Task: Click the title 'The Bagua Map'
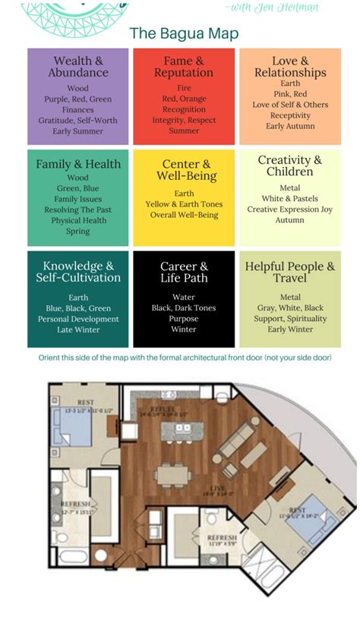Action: point(184,33)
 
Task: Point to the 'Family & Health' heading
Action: point(78,164)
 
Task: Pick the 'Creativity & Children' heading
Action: point(289,166)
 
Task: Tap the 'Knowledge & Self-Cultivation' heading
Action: point(78,272)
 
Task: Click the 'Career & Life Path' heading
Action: point(184,272)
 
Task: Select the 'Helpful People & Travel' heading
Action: point(289,272)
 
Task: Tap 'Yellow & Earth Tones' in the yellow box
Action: point(183,204)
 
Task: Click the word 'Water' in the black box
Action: point(184,297)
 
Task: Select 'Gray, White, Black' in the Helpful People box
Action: point(289,308)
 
